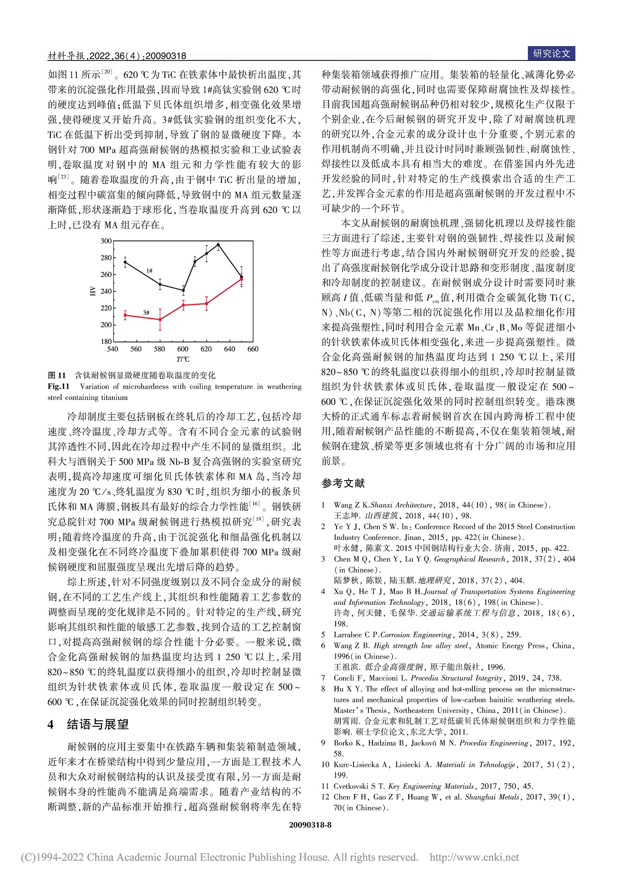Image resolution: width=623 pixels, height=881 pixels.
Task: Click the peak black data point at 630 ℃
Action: point(218,245)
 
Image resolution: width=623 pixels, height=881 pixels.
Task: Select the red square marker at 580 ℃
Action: point(160,320)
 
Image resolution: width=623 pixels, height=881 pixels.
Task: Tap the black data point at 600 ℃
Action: point(183,290)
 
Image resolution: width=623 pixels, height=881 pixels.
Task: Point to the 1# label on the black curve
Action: point(149,270)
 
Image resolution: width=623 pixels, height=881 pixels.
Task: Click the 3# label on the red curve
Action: point(146,312)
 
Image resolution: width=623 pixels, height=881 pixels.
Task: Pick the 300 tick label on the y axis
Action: point(106,241)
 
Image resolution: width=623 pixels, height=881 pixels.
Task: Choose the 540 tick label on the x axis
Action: point(113,349)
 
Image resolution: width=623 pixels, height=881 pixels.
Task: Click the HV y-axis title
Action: point(93,291)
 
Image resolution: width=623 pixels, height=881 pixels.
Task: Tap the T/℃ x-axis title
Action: point(183,360)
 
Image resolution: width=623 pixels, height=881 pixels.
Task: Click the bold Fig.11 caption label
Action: point(58,386)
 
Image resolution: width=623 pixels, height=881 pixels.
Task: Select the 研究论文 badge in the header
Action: point(551,54)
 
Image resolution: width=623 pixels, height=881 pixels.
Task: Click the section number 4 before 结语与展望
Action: point(51,725)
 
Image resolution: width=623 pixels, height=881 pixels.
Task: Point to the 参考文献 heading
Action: point(343,483)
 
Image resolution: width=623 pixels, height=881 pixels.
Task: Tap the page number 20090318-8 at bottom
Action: point(310,825)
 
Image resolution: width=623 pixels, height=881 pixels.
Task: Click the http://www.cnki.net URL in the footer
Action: point(474,857)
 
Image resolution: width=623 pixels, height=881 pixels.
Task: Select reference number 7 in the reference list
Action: point(323,678)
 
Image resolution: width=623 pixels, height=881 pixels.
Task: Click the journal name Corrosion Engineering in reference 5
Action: point(415,634)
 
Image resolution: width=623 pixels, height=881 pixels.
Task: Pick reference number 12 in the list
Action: point(325,797)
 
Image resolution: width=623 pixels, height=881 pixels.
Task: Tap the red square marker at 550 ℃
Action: point(125,315)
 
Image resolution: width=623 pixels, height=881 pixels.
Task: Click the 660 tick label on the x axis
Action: point(253,349)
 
